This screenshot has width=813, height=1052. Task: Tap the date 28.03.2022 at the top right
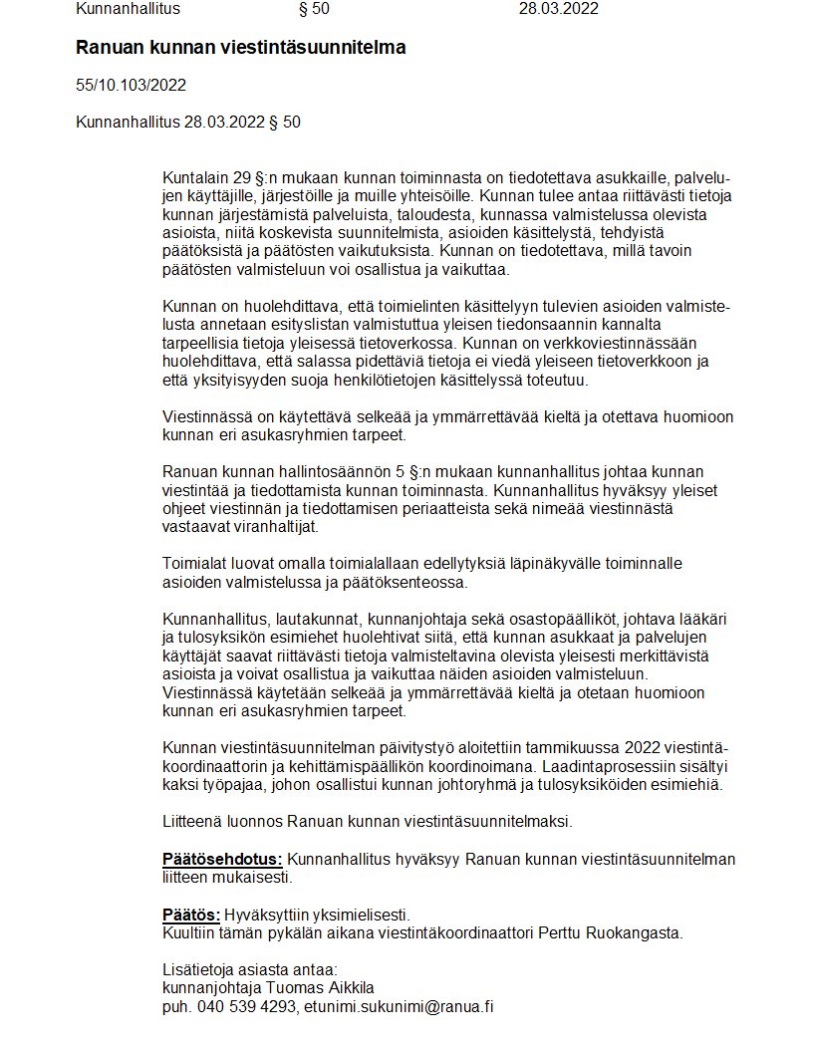pyautogui.click(x=558, y=10)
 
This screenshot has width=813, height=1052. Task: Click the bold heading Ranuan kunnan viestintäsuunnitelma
pyautogui.click(x=240, y=48)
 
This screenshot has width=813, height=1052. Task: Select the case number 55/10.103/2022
pyautogui.click(x=131, y=86)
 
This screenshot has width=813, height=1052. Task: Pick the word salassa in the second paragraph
pyautogui.click(x=329, y=363)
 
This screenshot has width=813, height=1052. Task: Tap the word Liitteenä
pyautogui.click(x=194, y=822)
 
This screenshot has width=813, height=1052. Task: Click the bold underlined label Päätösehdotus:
pyautogui.click(x=222, y=860)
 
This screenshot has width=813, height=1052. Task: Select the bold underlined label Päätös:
pyautogui.click(x=190, y=916)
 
